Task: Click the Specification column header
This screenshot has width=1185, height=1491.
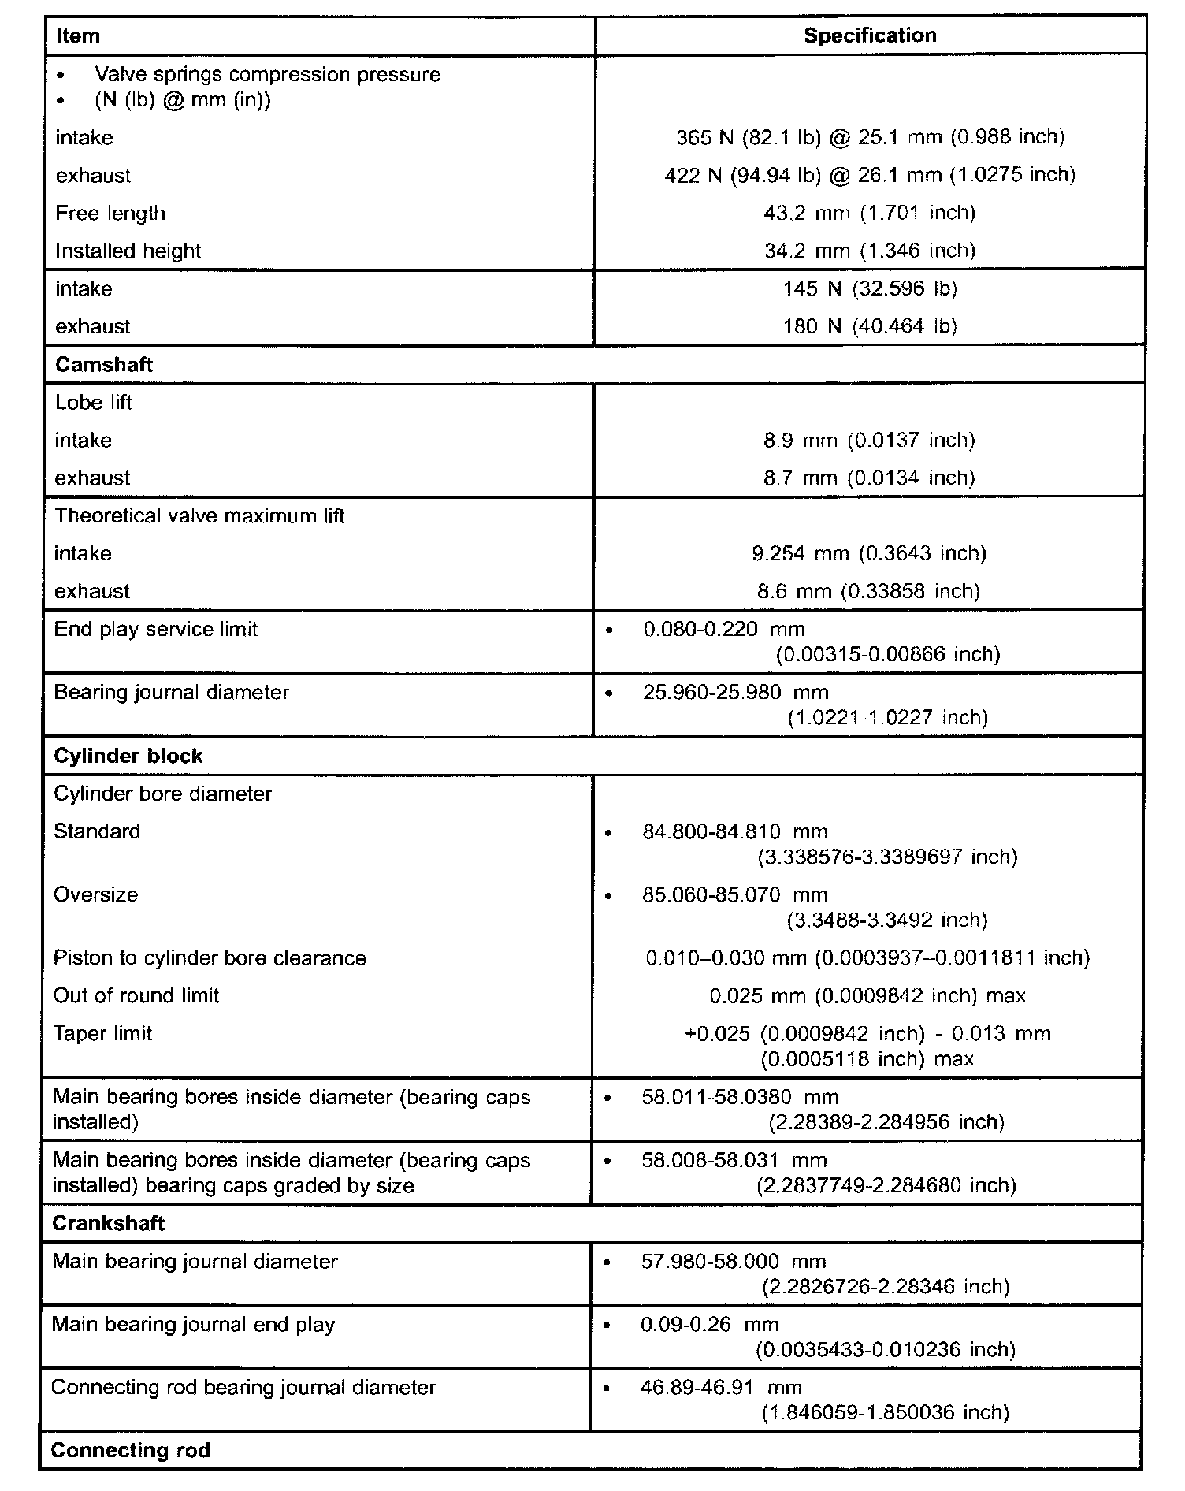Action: (870, 35)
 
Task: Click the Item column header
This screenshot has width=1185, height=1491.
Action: (78, 36)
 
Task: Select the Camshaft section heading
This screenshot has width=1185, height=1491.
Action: (104, 365)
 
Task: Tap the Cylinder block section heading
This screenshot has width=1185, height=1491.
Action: (128, 756)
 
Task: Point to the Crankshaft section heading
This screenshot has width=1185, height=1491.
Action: (109, 1223)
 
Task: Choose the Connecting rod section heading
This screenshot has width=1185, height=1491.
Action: (131, 1450)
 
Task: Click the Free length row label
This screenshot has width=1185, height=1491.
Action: (110, 214)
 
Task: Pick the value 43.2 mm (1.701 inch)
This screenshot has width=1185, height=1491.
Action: (870, 213)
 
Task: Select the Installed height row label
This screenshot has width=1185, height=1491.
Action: (128, 251)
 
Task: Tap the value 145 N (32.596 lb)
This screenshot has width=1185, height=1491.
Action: (870, 288)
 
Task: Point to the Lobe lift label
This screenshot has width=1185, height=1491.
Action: (93, 403)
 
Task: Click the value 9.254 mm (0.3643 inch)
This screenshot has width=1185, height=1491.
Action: (870, 553)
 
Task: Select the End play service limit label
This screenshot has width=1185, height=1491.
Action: (156, 630)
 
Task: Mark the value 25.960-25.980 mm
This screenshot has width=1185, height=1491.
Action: (735, 693)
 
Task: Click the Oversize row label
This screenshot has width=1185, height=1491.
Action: (96, 894)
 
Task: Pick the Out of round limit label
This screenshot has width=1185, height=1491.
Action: (136, 995)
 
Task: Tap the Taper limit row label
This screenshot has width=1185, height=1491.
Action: (102, 1033)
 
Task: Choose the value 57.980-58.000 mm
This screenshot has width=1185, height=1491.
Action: (734, 1262)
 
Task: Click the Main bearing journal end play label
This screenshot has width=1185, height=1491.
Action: (194, 1324)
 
